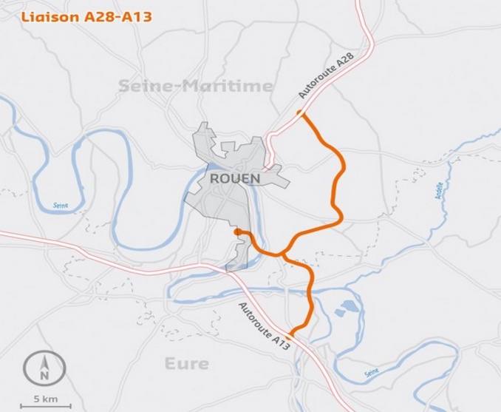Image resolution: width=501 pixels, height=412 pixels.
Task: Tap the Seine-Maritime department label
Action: [196, 87]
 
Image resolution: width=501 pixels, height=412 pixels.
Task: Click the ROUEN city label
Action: [235, 179]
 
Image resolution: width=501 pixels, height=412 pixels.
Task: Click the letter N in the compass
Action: [44, 376]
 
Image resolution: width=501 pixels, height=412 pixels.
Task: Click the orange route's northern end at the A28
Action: [300, 112]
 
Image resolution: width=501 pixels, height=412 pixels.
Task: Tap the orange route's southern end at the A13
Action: [291, 334]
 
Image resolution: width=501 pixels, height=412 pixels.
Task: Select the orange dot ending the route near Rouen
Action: [237, 232]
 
